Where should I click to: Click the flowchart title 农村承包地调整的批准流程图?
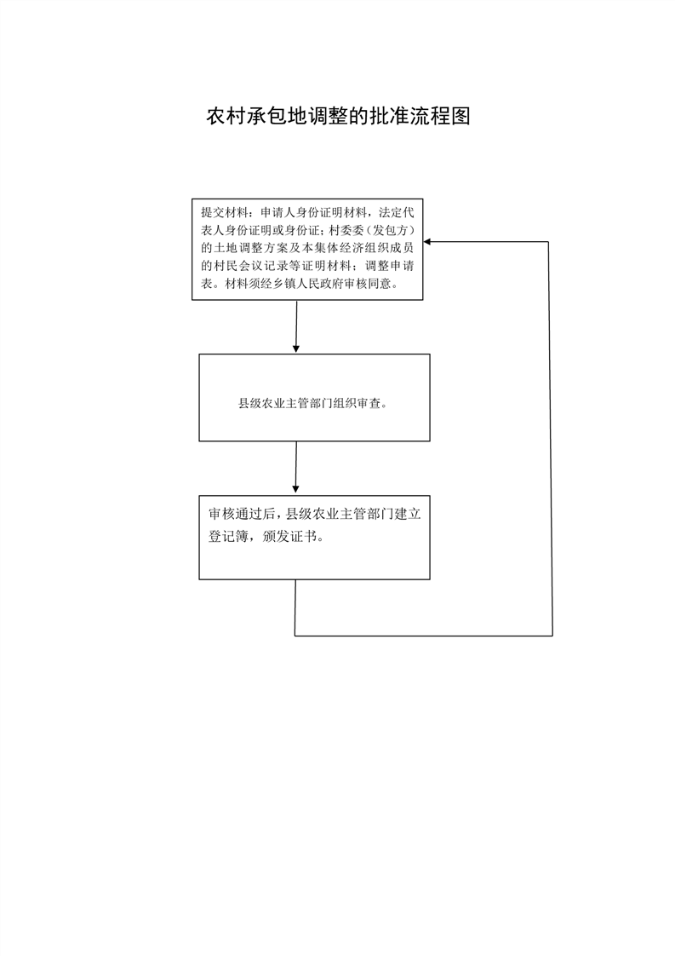coord(338,116)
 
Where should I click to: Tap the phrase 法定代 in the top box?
coord(397,213)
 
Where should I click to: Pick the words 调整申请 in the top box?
coord(390,266)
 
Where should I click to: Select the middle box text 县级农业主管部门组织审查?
coord(312,404)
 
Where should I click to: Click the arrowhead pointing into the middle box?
coord(296,348)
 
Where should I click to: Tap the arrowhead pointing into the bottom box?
coord(295,488)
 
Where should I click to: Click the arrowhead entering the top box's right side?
coord(427,242)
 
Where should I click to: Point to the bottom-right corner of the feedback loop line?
coord(552,636)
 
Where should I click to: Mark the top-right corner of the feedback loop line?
coord(549,242)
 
